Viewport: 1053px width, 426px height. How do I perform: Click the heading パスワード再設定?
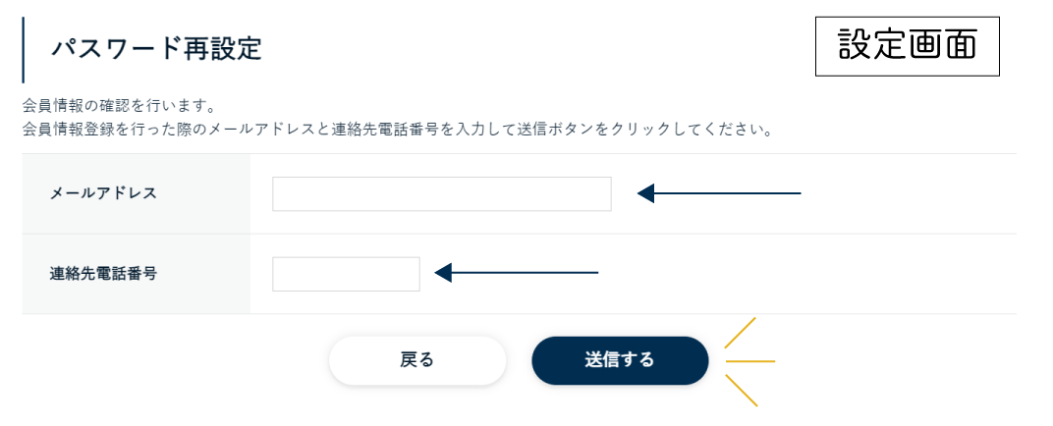click(156, 50)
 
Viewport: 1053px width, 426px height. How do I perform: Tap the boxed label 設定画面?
click(908, 47)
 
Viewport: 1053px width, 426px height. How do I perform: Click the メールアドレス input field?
click(442, 194)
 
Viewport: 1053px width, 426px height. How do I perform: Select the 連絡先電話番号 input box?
click(346, 274)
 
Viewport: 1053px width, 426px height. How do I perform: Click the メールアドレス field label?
click(103, 194)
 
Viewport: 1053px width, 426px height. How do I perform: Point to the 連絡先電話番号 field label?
click(103, 274)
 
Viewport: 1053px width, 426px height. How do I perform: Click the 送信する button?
click(620, 360)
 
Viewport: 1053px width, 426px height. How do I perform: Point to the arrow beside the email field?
click(719, 194)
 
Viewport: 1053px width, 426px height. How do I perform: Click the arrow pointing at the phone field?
click(517, 273)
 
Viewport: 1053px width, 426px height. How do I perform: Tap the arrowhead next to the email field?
click(645, 194)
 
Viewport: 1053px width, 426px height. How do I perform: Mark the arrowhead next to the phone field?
click(443, 273)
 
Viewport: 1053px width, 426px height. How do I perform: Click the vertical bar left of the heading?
click(23, 50)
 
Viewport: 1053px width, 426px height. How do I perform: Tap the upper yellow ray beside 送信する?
click(740, 333)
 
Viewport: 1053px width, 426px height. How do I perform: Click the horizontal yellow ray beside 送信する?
click(750, 361)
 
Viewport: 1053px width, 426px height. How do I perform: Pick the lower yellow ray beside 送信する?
click(742, 391)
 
